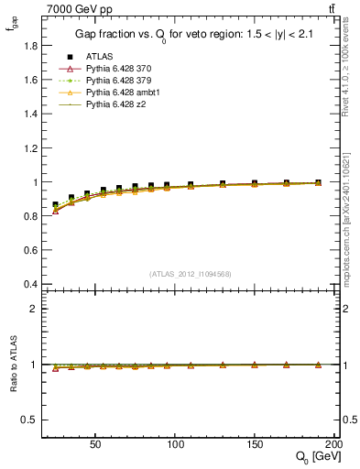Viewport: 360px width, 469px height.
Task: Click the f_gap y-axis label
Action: [x=11, y=28]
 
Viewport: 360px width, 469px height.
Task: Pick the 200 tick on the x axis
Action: [x=333, y=442]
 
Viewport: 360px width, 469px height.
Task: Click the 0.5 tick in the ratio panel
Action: [x=29, y=420]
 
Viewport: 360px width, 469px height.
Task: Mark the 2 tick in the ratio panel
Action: [x=34, y=309]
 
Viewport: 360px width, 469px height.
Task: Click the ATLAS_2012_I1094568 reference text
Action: [x=190, y=273]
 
